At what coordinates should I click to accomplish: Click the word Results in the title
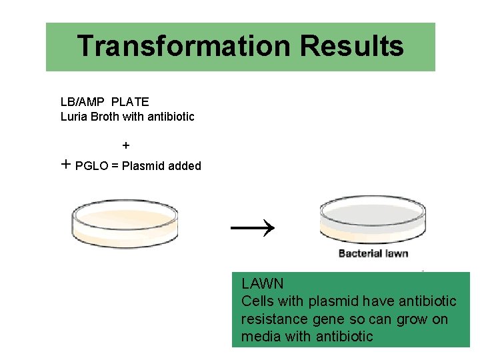click(x=351, y=47)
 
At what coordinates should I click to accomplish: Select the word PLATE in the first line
click(x=130, y=102)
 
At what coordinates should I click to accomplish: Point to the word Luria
click(x=74, y=117)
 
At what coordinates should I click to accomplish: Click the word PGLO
click(x=92, y=166)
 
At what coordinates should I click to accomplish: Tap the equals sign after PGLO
click(x=115, y=166)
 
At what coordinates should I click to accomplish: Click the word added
click(x=185, y=166)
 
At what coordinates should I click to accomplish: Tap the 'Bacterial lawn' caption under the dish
click(x=373, y=253)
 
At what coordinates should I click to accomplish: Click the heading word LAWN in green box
click(x=263, y=284)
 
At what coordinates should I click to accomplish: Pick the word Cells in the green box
click(x=257, y=301)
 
